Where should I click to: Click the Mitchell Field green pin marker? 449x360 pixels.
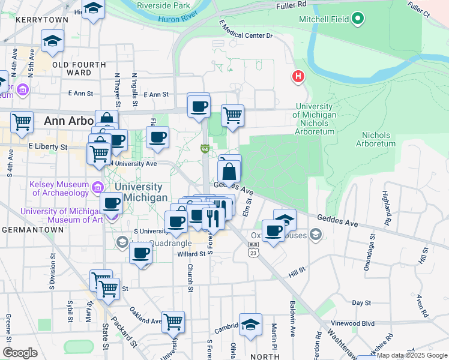pos(358,19)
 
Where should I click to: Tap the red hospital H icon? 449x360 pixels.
pos(298,77)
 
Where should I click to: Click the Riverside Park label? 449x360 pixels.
pos(158,5)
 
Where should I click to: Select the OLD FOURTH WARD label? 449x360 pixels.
pos(79,68)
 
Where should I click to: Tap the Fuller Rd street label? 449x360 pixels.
pos(292,4)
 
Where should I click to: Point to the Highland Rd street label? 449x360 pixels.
pos(387,205)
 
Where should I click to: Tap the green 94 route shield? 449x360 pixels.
pos(205,149)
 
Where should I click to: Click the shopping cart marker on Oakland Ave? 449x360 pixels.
pos(173,322)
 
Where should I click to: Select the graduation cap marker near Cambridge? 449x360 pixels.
pos(250,324)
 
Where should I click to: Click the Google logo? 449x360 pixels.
pos(20,353)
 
